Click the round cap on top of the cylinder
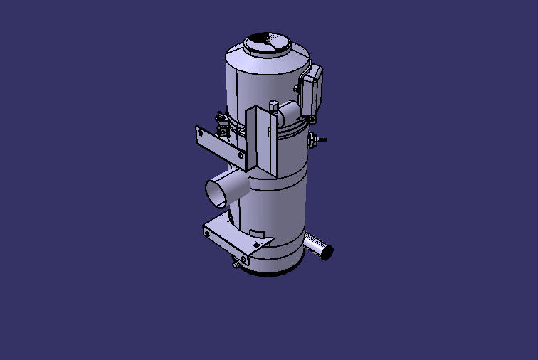tap(267, 43)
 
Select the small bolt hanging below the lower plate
tap(235, 265)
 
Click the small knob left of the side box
tap(295, 88)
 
